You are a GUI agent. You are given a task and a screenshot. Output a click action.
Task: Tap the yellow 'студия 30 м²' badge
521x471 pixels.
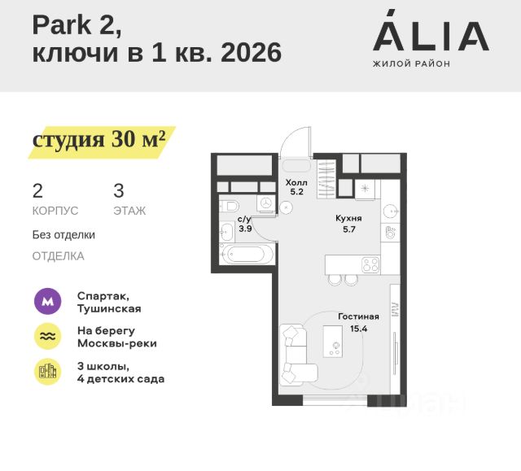coord(99,140)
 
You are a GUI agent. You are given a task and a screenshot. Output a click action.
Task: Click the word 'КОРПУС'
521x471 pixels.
coord(55,211)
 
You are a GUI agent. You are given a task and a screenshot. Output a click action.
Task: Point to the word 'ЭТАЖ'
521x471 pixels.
coord(129,211)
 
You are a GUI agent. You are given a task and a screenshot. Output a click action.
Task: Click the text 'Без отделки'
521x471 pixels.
coord(63,235)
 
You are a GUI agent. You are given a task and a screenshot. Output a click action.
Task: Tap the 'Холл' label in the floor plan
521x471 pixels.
coord(296,182)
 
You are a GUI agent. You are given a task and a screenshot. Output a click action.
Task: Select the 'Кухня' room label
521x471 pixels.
coord(348,219)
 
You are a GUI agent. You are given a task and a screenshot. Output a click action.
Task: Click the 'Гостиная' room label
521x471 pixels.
coord(359,316)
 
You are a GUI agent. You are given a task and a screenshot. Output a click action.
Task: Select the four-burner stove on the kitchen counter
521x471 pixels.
coord(370,264)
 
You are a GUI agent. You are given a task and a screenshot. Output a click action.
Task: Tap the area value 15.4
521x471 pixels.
coord(359,329)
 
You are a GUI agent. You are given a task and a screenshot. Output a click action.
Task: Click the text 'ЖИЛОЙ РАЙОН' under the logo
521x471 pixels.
coord(411,63)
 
